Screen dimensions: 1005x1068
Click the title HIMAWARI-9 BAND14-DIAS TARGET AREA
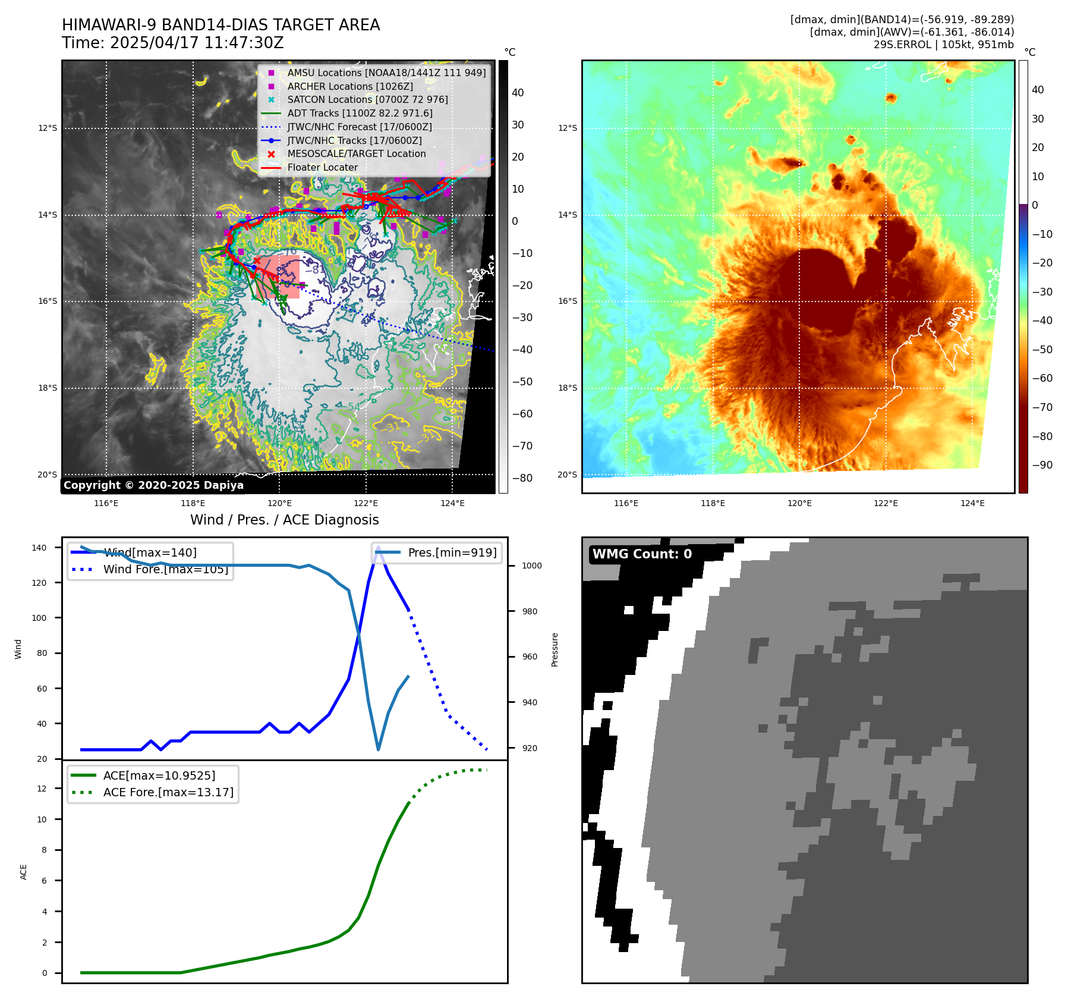[x=220, y=25]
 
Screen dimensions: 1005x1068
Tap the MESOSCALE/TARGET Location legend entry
[x=356, y=153]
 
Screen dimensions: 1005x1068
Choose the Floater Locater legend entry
[x=322, y=167]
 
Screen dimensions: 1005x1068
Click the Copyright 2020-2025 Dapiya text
[x=153, y=485]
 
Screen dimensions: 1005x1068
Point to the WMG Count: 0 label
[x=642, y=554]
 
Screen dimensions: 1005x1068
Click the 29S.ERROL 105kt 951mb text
[x=943, y=45]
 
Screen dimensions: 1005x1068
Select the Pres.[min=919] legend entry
[x=452, y=552]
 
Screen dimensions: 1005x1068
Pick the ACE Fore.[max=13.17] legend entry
[x=168, y=792]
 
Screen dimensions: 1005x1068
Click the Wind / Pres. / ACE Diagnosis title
[x=284, y=520]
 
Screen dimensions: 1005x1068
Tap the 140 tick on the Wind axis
[x=39, y=548]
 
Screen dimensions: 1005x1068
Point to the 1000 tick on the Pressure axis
[x=531, y=566]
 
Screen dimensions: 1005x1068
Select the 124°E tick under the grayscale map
[x=452, y=503]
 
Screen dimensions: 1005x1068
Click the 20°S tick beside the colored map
[x=567, y=475]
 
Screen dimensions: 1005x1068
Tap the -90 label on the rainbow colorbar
[x=1042, y=465]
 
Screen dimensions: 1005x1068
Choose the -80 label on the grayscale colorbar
[x=522, y=478]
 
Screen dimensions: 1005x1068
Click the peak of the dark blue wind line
[x=378, y=547]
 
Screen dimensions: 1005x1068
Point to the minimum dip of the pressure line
[x=379, y=749]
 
